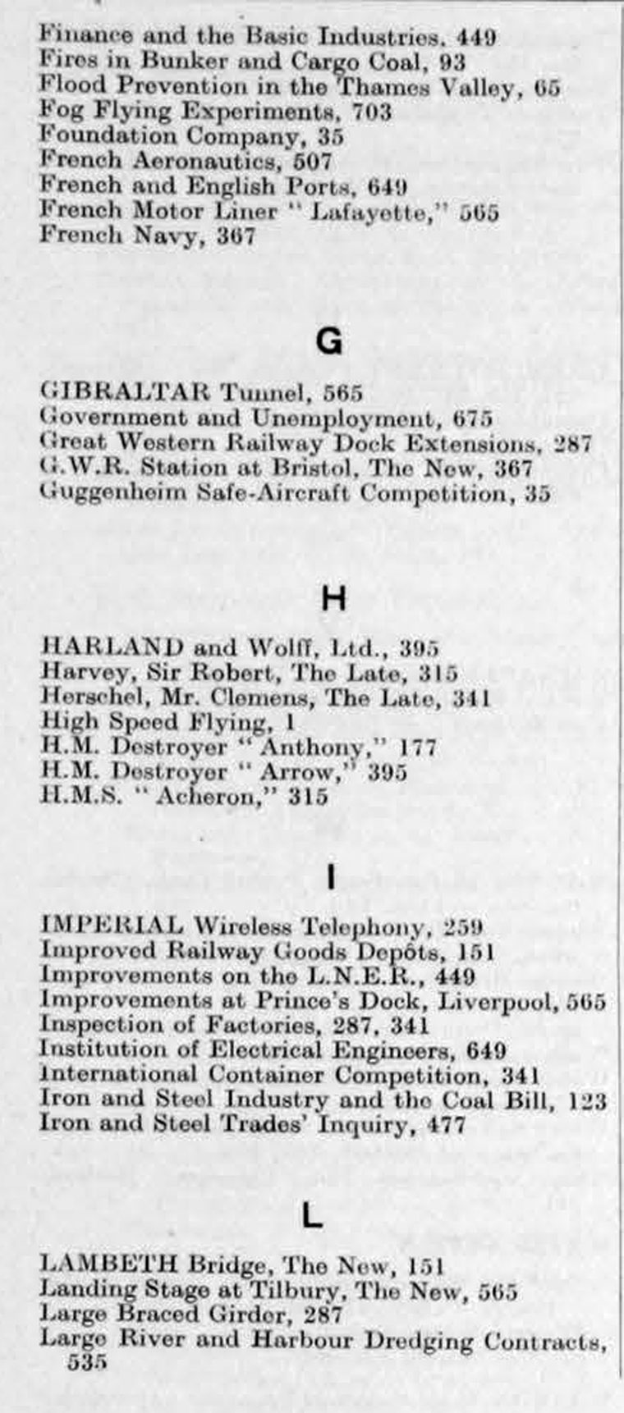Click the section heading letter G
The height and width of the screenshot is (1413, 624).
coord(328,341)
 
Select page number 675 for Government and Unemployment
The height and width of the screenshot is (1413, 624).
coord(473,418)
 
